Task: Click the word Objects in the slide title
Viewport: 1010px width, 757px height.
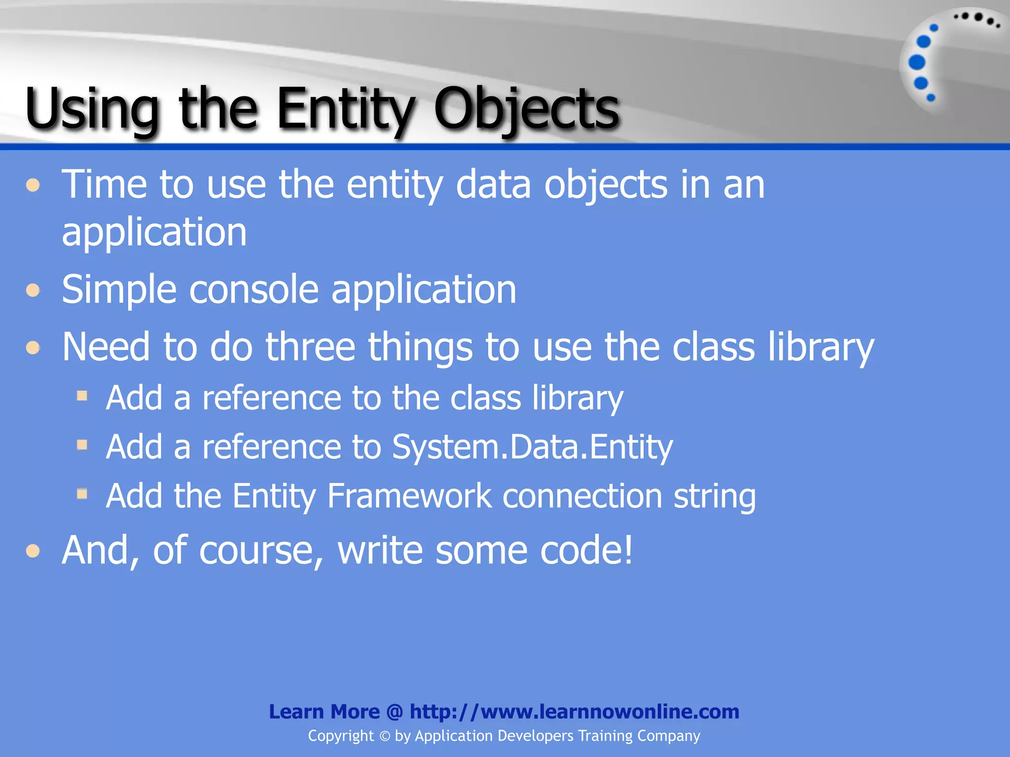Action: (526, 108)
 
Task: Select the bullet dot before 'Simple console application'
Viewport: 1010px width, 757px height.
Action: (33, 290)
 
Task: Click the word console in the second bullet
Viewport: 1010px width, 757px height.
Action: (253, 289)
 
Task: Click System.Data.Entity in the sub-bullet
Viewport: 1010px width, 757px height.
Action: (532, 447)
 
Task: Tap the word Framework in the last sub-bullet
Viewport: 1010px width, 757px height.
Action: (409, 496)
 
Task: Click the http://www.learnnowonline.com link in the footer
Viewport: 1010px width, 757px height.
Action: (575, 712)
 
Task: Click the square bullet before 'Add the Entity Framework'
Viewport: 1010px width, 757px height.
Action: (82, 494)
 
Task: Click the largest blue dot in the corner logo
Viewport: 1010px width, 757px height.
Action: (917, 63)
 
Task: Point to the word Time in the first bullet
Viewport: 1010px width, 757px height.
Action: (104, 184)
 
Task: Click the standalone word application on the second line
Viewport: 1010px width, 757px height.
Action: (154, 232)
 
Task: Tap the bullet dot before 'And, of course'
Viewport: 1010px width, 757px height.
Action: (33, 551)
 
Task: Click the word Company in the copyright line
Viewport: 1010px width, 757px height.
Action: (668, 736)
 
